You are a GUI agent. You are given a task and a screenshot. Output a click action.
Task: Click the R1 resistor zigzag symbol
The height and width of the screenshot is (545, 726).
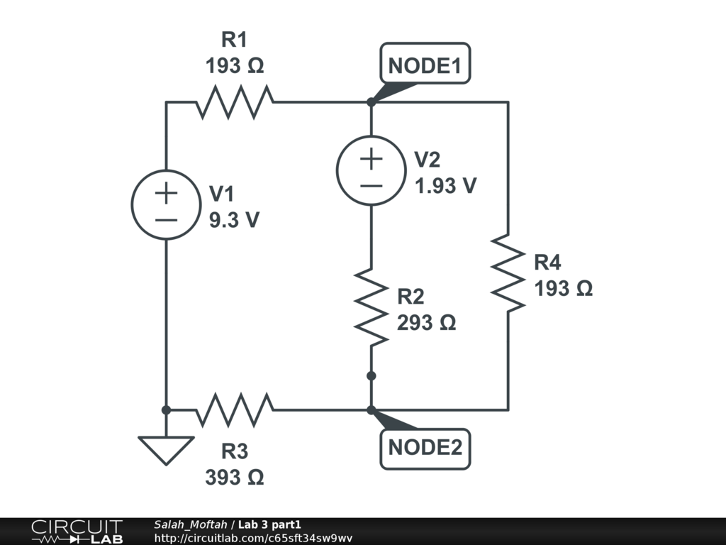coord(235,102)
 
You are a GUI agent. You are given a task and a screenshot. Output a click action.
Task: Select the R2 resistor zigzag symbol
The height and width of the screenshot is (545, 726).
coord(371,307)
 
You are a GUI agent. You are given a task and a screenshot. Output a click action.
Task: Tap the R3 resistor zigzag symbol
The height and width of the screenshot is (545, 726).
coord(235,409)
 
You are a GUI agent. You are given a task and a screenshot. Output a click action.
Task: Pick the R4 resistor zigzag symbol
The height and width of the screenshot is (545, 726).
coord(508,273)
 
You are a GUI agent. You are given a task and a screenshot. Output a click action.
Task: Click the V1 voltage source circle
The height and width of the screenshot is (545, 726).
coord(166,204)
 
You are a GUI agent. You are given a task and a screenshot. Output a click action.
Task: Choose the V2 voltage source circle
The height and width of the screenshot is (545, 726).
coord(371,170)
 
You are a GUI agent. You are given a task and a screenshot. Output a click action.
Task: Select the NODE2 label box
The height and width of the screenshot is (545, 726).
coord(425,448)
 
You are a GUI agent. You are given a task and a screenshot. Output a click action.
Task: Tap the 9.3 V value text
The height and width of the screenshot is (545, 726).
coord(234,220)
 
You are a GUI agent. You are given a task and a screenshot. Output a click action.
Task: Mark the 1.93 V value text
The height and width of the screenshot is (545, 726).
coord(445,186)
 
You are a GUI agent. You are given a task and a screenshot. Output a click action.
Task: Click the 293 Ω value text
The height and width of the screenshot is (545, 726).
coord(426,323)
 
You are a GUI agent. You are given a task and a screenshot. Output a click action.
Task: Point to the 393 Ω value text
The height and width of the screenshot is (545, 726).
coord(235,478)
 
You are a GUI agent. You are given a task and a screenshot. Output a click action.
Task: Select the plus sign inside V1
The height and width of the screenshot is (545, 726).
coord(166,192)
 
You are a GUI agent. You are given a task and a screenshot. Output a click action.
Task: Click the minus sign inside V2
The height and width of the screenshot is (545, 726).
coord(371,186)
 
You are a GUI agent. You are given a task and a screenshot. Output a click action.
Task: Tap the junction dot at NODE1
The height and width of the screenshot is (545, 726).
coord(371,102)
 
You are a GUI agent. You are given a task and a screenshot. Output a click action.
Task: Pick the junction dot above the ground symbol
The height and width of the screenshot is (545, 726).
coord(166,409)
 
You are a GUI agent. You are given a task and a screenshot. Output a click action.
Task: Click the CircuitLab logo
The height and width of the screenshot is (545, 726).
coord(77,532)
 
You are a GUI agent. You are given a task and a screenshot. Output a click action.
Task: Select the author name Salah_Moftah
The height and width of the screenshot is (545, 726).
coord(190,524)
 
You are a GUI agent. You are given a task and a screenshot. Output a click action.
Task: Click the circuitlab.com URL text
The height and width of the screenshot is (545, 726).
coord(253,538)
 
